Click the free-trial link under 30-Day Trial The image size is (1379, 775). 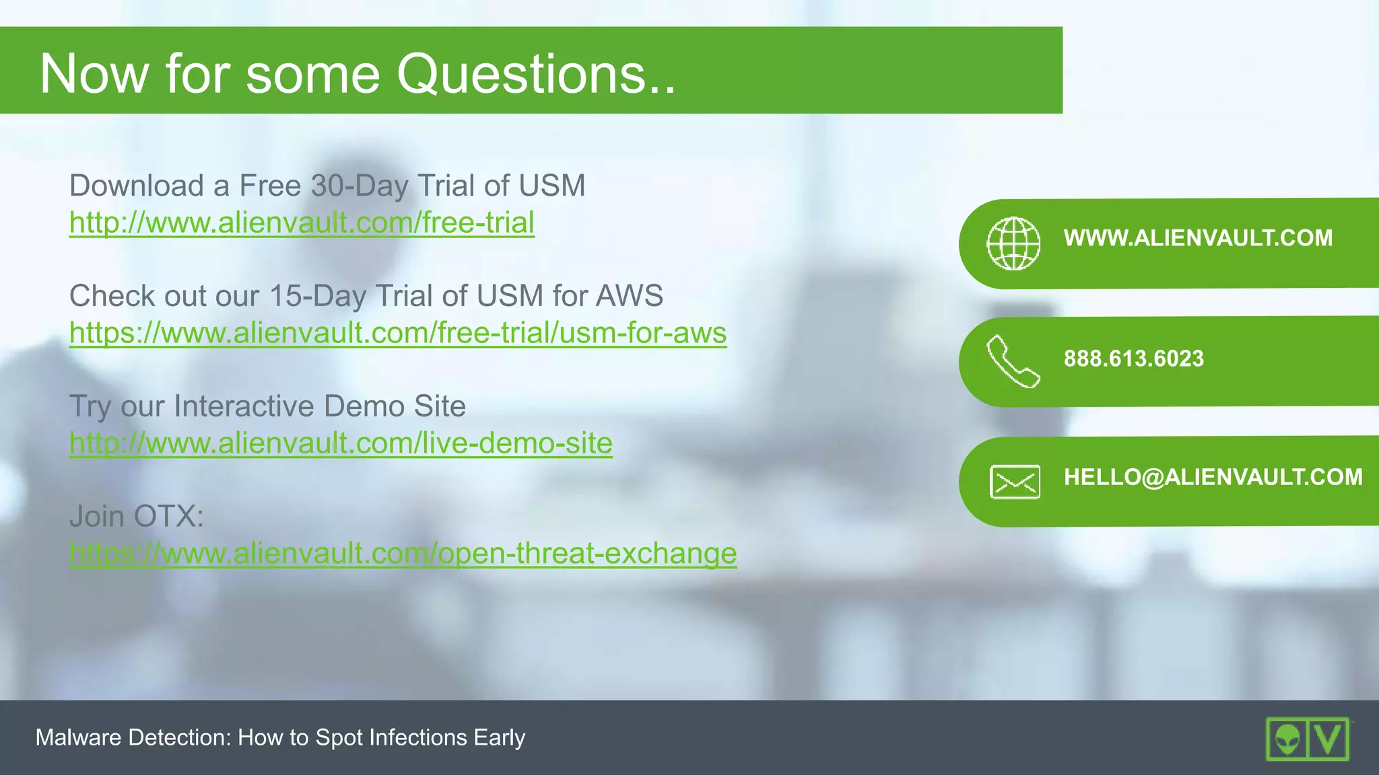click(302, 223)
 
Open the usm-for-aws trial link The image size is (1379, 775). click(397, 333)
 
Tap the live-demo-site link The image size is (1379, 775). click(341, 443)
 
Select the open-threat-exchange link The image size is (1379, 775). click(403, 554)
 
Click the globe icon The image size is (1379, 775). click(1013, 244)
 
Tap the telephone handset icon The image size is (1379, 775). click(1013, 362)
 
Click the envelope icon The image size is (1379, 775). click(1015, 482)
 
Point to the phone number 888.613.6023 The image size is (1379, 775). click(1133, 359)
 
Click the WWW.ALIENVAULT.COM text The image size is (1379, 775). click(1198, 238)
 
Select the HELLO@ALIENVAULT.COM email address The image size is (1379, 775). click(1213, 477)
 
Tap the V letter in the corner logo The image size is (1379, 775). click(1328, 739)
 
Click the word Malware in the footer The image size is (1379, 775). click(79, 738)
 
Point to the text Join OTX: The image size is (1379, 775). click(136, 517)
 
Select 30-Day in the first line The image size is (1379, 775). click(360, 186)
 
